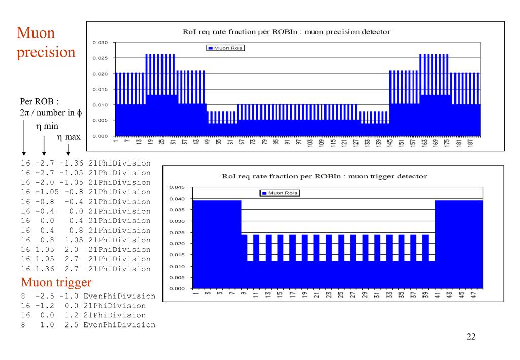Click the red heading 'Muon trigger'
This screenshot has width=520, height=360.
(56, 282)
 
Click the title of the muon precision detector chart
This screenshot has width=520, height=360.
(286, 31)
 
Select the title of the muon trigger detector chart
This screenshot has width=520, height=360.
(324, 176)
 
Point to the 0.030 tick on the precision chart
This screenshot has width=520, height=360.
(101, 42)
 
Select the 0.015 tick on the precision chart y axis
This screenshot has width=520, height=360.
(101, 89)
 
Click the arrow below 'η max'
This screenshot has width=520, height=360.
(68, 149)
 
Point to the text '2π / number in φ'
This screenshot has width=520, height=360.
(46, 111)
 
